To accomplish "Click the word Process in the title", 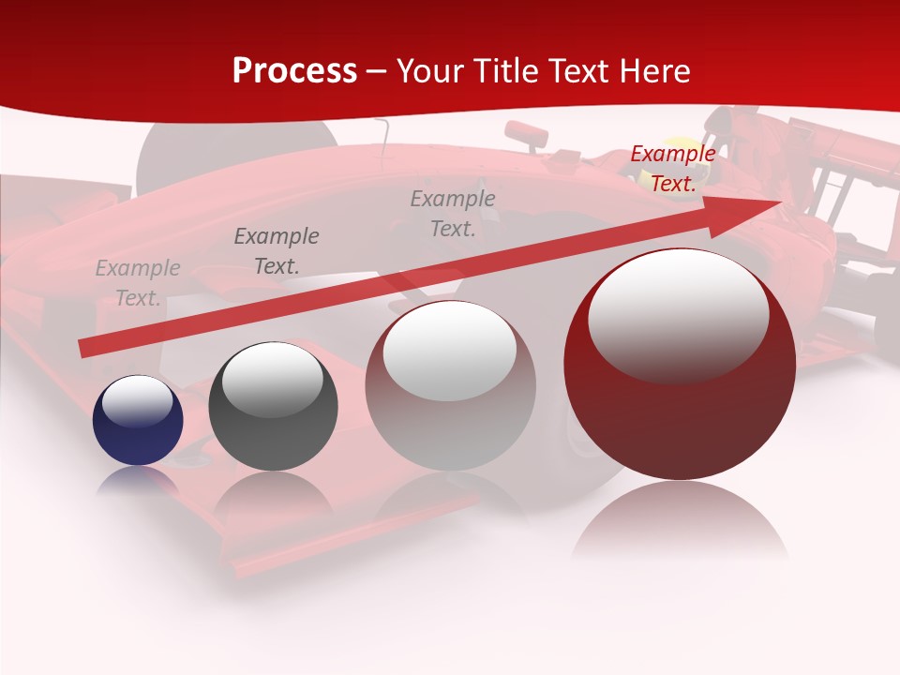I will click(x=294, y=71).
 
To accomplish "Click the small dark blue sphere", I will click(x=138, y=420).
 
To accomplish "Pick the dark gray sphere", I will click(x=273, y=406).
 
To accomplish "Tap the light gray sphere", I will click(x=450, y=385).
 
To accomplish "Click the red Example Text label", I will click(x=672, y=169).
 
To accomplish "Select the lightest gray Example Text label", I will click(x=138, y=283).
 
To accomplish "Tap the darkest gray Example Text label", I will click(x=276, y=250).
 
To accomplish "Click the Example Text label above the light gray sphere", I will click(x=453, y=213).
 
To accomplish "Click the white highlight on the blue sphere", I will click(x=137, y=400).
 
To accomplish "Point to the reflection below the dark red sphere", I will click(x=680, y=525).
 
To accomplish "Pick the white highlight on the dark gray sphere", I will click(x=272, y=379).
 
